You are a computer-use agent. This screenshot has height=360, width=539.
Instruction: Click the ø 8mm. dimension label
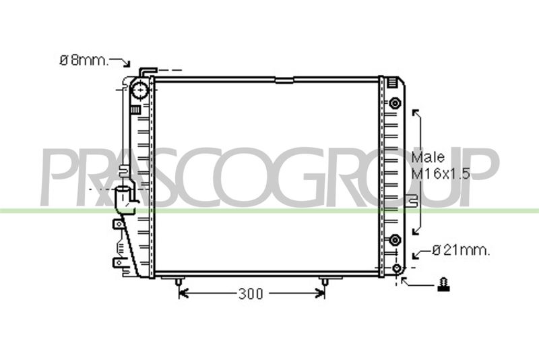tap(84, 61)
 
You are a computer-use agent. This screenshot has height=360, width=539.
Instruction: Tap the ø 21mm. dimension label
tap(461, 250)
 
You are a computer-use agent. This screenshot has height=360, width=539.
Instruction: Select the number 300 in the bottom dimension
tap(250, 294)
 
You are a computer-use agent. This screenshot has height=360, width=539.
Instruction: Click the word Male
tap(428, 157)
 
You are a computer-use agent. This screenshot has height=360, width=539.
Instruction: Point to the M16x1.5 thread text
tap(441, 174)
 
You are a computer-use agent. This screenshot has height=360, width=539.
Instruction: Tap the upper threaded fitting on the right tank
tap(395, 102)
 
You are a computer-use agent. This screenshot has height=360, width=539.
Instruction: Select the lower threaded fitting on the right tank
tap(395, 239)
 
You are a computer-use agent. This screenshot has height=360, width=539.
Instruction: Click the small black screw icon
tap(443, 284)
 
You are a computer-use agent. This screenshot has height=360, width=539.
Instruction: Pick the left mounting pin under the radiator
tap(179, 282)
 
